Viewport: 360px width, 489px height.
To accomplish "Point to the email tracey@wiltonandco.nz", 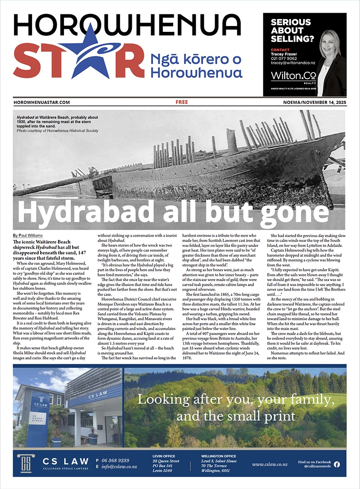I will pos(292,63).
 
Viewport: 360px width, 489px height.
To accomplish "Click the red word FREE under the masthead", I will pos(182,103).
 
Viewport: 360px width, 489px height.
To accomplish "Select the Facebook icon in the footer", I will pos(337,464).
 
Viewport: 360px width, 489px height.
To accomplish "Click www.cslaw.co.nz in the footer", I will pos(270,464).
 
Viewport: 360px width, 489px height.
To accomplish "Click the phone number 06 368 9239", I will pos(116,461).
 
